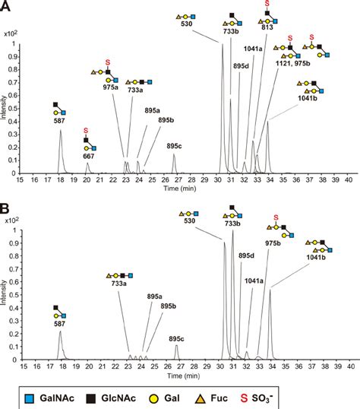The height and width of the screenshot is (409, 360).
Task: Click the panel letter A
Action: click(5, 6)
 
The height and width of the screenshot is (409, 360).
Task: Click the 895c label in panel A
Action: click(175, 146)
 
